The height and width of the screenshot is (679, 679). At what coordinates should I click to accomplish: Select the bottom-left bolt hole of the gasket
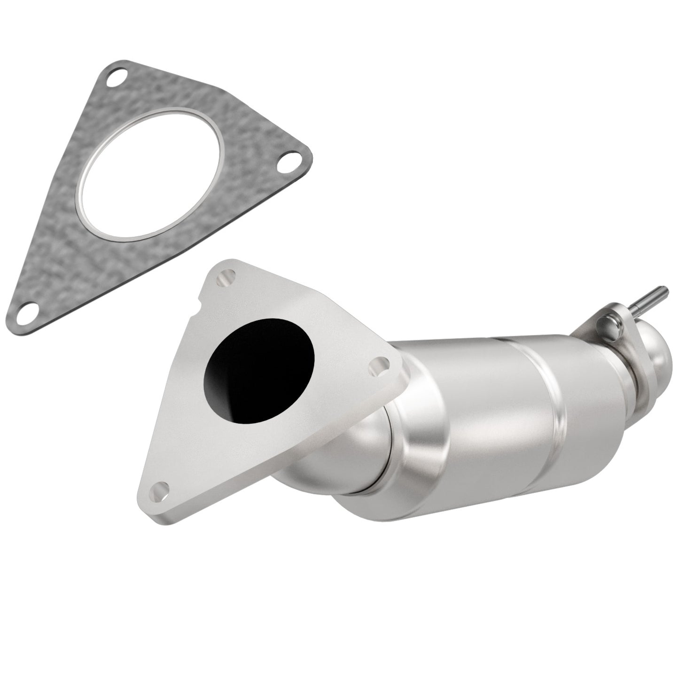(31, 310)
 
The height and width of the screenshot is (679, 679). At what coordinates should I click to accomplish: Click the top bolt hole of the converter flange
(225, 279)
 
